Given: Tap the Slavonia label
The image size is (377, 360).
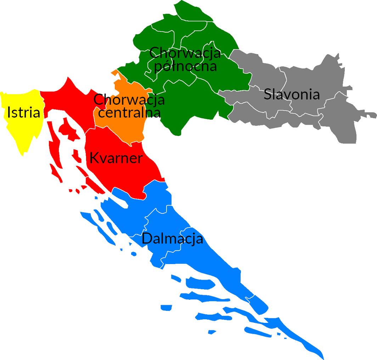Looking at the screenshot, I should pos(292,95).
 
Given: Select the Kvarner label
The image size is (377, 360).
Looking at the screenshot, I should pos(116,158).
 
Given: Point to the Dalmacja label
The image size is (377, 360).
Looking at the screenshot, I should pos(172,239).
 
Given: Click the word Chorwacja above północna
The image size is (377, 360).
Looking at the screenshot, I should pos(185,53).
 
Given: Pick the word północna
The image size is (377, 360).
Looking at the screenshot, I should pos(186,66).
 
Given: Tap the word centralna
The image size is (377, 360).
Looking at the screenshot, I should pos(129,113).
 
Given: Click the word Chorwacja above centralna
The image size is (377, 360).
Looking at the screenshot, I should pos(129,99).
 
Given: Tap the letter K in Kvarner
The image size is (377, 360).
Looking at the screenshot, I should pos(94,158).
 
